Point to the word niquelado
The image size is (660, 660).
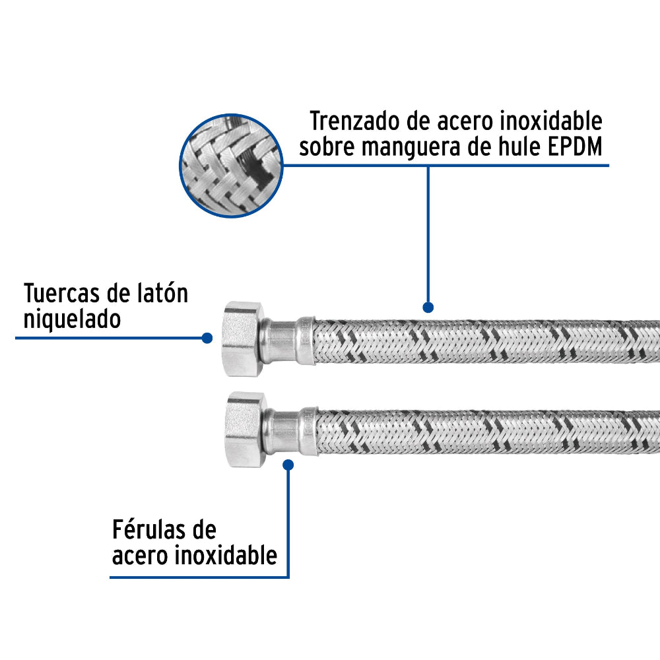[73, 319]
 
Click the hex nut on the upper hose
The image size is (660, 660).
[244, 339]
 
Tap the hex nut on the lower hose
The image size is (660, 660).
[246, 430]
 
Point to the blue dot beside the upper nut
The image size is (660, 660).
[207, 337]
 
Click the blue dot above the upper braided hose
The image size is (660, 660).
[428, 307]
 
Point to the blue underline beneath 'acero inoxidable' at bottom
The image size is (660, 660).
[199, 577]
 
